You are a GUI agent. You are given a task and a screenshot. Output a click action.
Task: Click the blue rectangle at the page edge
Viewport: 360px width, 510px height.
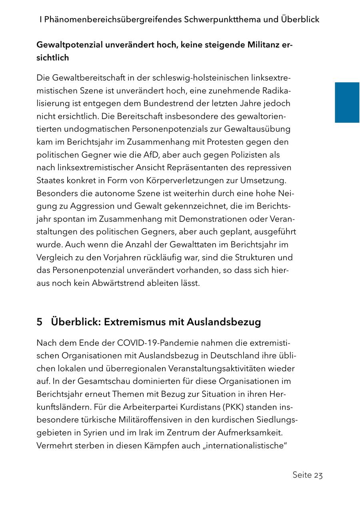(347, 102)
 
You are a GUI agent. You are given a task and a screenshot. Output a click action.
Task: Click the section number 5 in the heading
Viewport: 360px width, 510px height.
(39, 322)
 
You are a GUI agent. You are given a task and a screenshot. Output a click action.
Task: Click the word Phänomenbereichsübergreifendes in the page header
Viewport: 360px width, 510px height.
(113, 19)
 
